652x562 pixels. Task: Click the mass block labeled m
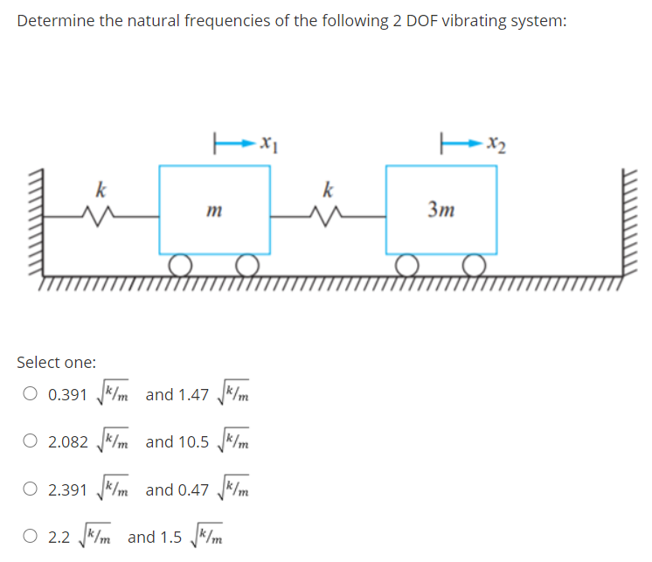[214, 209]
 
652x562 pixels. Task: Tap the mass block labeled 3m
[441, 209]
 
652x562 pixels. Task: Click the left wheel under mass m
[181, 264]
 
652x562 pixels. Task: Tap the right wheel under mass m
[247, 264]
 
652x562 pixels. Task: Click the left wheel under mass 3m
[407, 264]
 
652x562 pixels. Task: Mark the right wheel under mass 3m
[474, 264]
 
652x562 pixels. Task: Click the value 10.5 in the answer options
[194, 442]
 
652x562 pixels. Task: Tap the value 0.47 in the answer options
[194, 489]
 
